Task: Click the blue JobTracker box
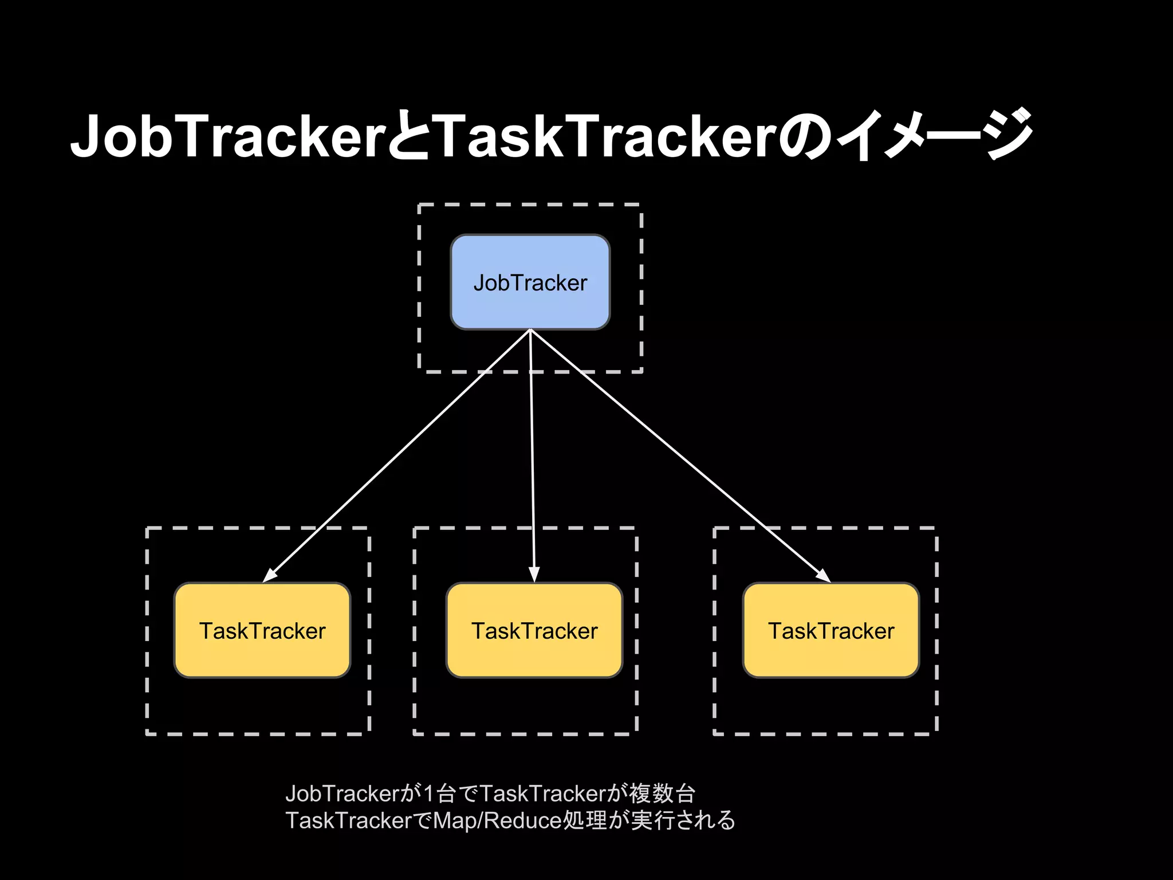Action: (530, 282)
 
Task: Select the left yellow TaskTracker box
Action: (262, 630)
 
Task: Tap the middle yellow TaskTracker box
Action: (534, 630)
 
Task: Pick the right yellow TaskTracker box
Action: (830, 630)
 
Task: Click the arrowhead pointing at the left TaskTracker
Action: (270, 575)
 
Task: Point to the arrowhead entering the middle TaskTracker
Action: (534, 575)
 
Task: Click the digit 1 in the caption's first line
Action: (428, 794)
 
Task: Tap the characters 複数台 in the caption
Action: (663, 793)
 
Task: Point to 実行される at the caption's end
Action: (683, 820)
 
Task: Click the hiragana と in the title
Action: (409, 136)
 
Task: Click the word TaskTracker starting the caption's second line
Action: (348, 820)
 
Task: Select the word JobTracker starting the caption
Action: (342, 794)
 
